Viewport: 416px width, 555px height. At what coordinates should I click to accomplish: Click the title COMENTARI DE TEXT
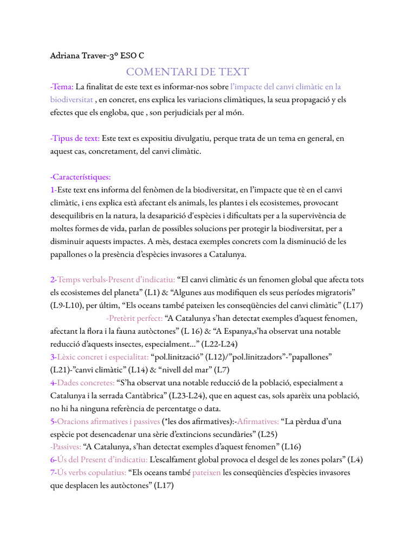(187, 72)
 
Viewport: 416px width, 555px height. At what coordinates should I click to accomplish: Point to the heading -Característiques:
(80, 177)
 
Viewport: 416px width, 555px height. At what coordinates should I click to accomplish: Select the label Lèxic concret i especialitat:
(103, 357)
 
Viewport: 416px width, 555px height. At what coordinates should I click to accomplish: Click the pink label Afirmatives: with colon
(258, 421)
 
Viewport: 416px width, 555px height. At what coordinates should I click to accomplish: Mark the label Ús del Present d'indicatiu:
(102, 460)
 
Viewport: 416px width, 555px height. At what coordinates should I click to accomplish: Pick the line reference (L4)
(355, 460)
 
